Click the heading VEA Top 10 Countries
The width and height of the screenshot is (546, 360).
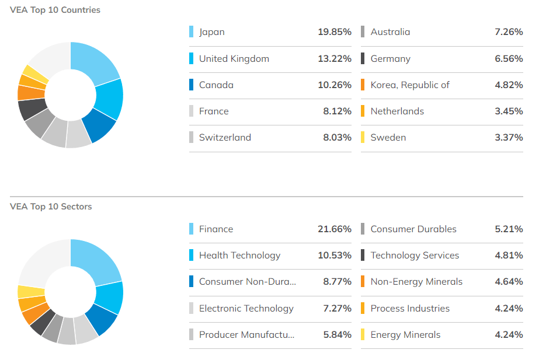click(x=55, y=10)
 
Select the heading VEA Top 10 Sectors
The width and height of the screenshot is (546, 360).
click(x=51, y=207)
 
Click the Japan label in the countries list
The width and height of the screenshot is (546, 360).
click(x=211, y=32)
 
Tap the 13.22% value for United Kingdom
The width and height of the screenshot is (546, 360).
click(x=334, y=58)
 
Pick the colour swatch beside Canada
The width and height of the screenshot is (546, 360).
click(x=192, y=85)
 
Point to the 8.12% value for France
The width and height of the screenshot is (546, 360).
click(x=337, y=111)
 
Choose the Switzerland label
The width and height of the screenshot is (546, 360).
click(x=225, y=138)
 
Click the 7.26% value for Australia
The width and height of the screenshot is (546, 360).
click(x=508, y=32)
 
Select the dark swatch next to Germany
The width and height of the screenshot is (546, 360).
click(x=363, y=58)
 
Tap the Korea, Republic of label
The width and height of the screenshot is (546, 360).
click(x=410, y=85)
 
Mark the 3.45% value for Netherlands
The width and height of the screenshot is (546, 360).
click(x=508, y=111)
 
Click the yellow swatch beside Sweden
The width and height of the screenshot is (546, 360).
click(x=363, y=138)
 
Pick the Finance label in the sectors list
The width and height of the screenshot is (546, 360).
click(x=215, y=229)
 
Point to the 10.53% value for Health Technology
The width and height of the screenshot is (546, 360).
click(x=334, y=255)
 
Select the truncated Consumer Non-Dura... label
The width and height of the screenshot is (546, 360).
click(x=247, y=281)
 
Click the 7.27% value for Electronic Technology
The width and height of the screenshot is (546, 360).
click(x=337, y=308)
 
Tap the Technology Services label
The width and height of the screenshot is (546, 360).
click(x=415, y=255)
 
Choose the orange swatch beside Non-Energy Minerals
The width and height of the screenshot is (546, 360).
click(x=363, y=281)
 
